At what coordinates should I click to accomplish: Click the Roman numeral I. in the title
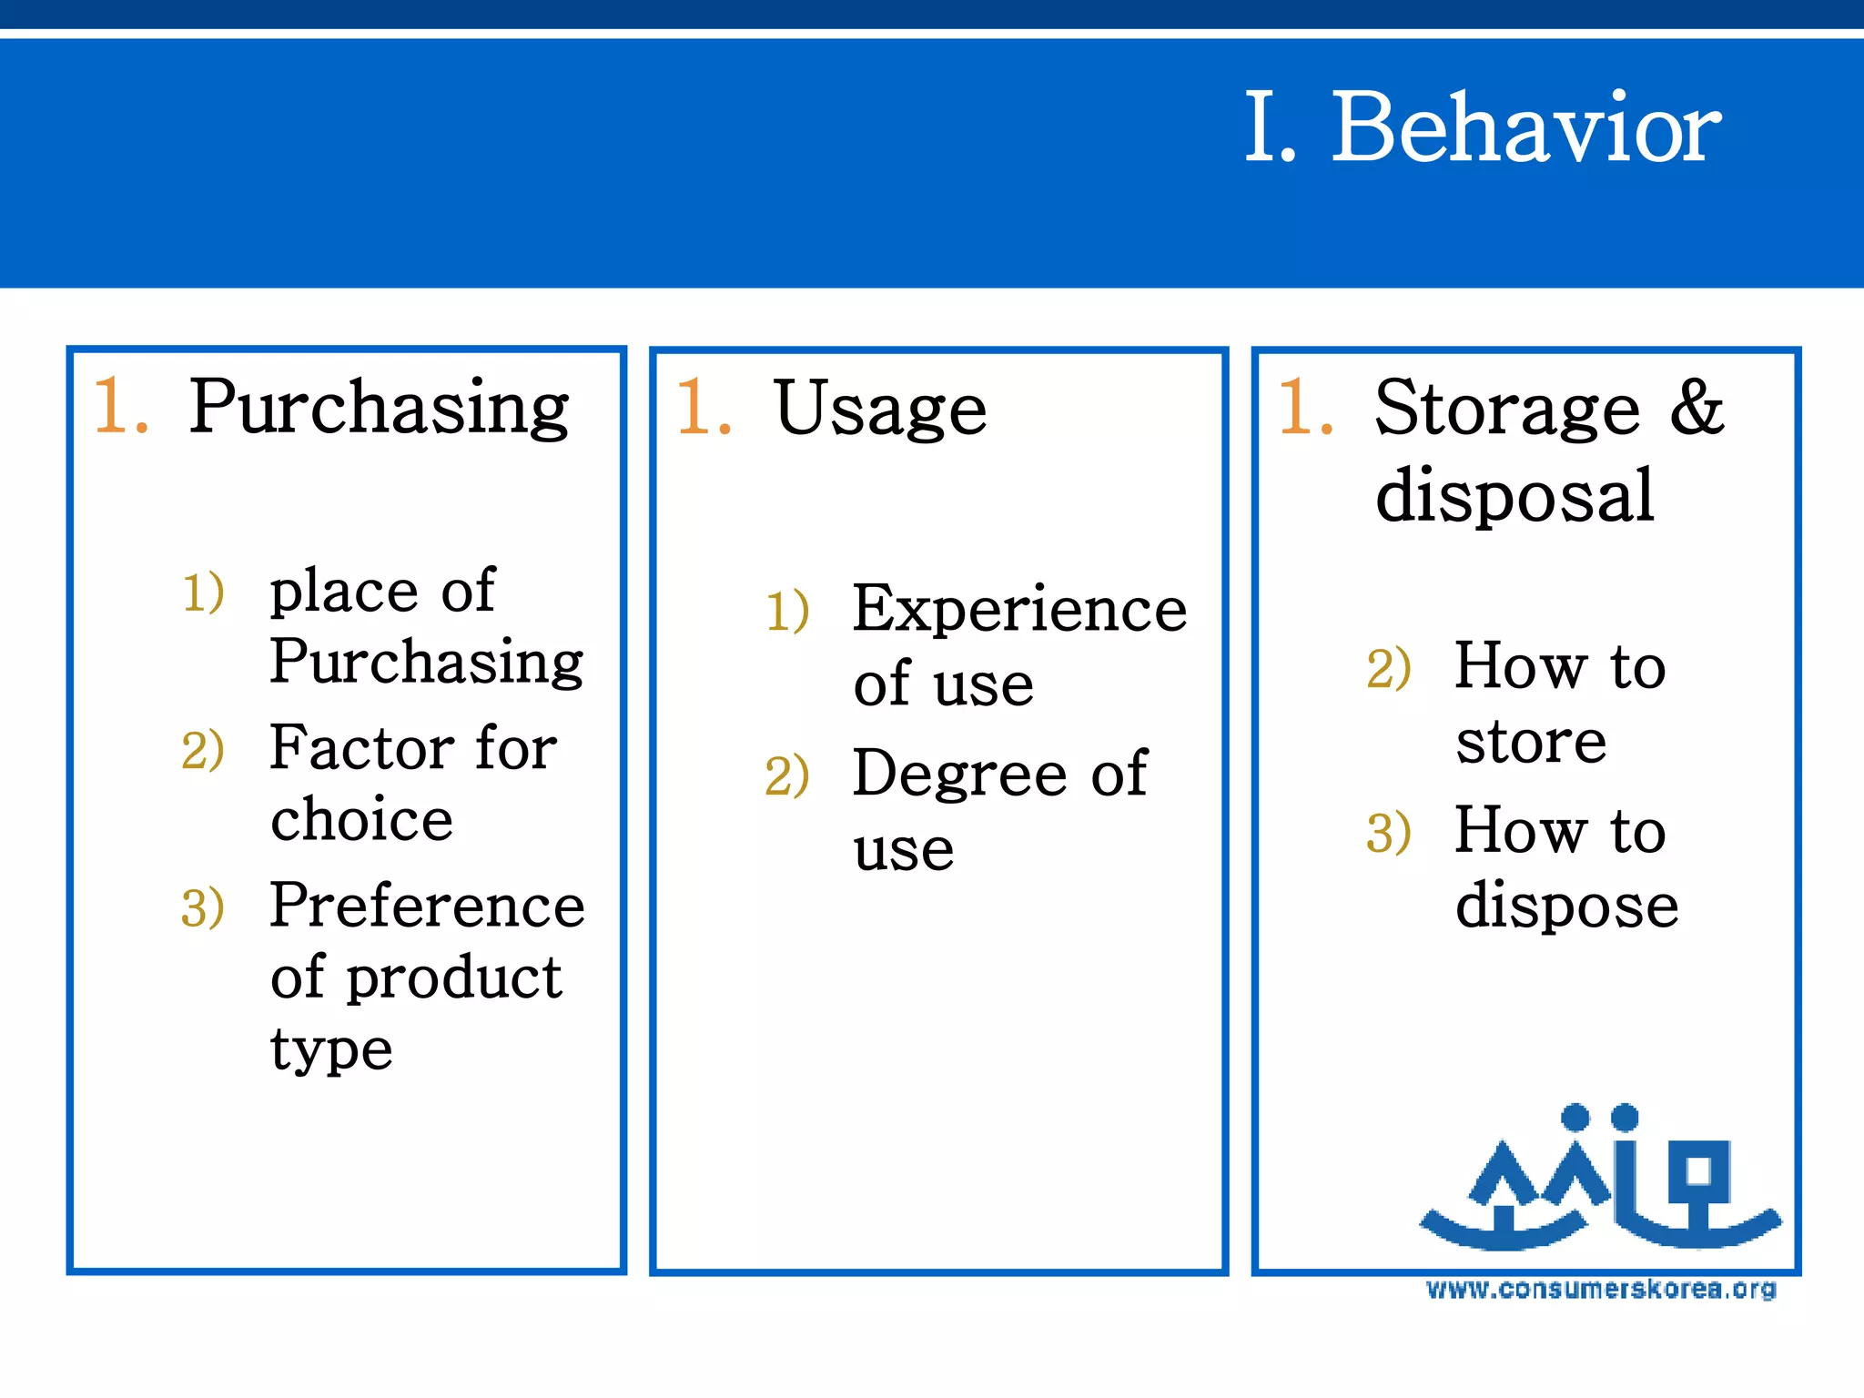(x=1269, y=129)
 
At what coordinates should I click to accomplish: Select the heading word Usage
(x=879, y=410)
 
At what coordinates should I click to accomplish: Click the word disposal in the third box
(x=1514, y=496)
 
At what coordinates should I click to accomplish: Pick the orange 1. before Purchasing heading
(x=120, y=406)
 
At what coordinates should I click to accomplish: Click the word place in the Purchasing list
(x=343, y=592)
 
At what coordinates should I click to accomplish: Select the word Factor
(x=361, y=748)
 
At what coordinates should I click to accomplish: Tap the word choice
(x=361, y=819)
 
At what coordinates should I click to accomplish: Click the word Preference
(x=427, y=906)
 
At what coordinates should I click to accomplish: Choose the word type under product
(x=331, y=1051)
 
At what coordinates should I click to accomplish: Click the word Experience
(x=1019, y=609)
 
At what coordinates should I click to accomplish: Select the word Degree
(x=959, y=775)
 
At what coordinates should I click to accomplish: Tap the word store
(x=1530, y=741)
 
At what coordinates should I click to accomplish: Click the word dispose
(x=1565, y=906)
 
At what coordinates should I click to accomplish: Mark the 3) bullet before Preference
(x=202, y=908)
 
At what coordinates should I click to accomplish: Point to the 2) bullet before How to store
(x=1388, y=669)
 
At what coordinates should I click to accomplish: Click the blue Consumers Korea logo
(x=1599, y=1179)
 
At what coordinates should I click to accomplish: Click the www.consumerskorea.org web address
(x=1600, y=1290)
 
